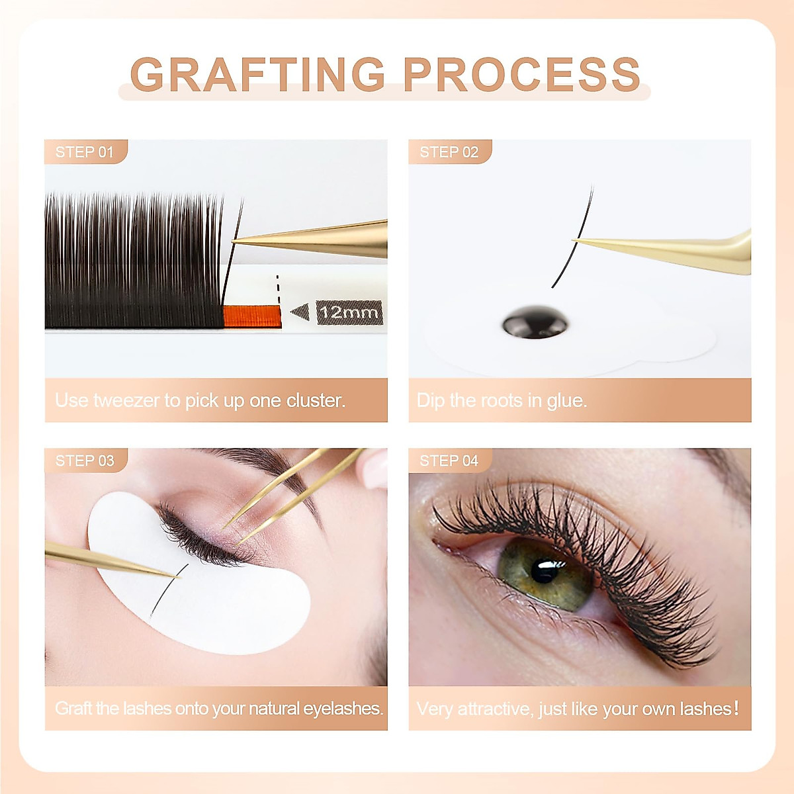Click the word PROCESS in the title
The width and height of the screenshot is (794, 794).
pyautogui.click(x=521, y=74)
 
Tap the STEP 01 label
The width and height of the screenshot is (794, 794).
pyautogui.click(x=84, y=152)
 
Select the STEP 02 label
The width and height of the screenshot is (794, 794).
pyautogui.click(x=449, y=152)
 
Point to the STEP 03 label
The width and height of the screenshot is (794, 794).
pyautogui.click(x=85, y=461)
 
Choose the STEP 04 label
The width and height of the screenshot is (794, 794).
pyautogui.click(x=449, y=461)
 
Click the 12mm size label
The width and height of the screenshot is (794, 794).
pyautogui.click(x=349, y=312)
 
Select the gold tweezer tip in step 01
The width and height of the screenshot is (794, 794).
pyautogui.click(x=242, y=241)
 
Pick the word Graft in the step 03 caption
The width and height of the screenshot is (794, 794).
pyautogui.click(x=73, y=709)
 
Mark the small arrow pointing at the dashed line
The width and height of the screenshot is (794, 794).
pyautogui.click(x=300, y=312)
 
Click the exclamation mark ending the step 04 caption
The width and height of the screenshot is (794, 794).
pyautogui.click(x=736, y=709)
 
